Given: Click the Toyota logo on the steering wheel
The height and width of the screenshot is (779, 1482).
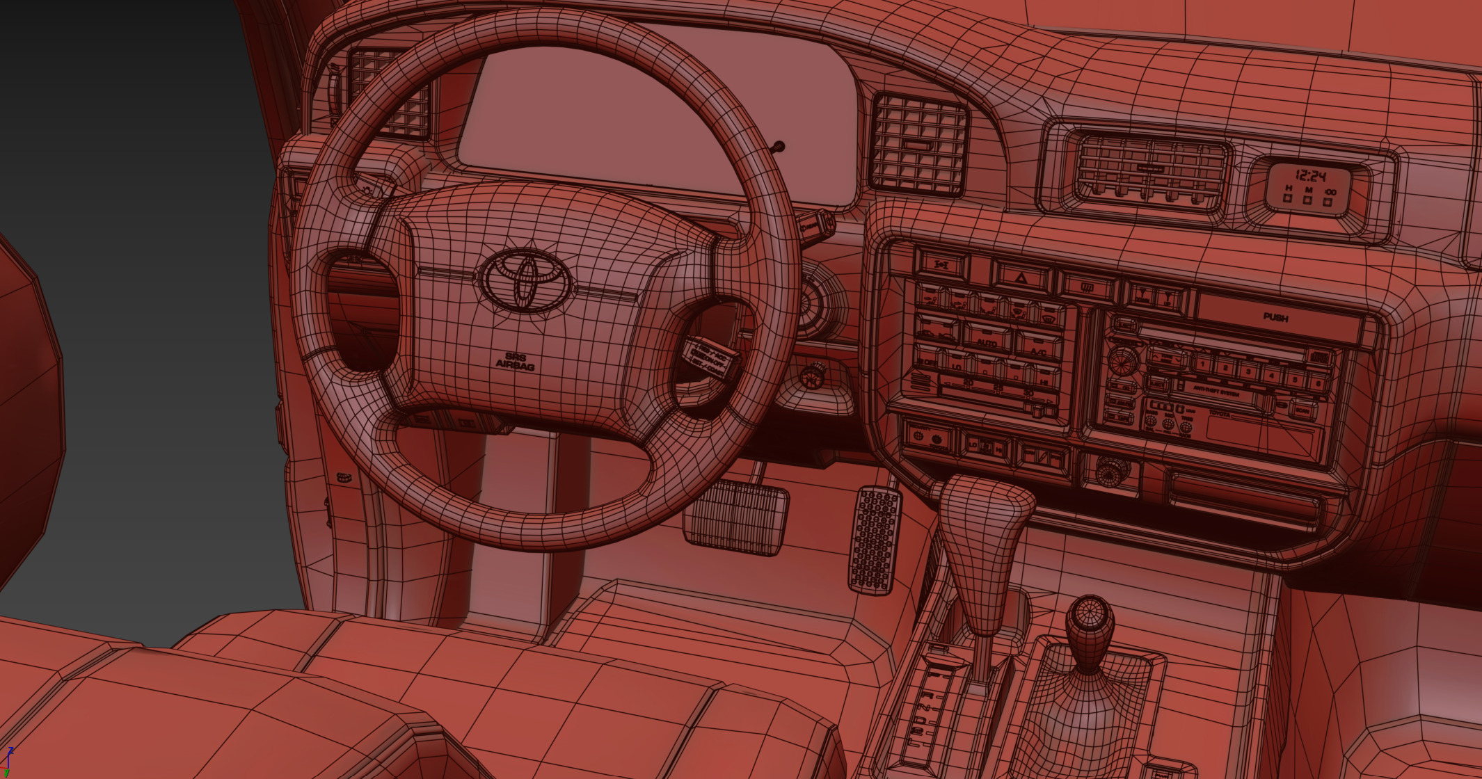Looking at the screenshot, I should pyautogui.click(x=526, y=280).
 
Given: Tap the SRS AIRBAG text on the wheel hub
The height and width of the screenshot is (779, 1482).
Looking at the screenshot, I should pyautogui.click(x=515, y=360).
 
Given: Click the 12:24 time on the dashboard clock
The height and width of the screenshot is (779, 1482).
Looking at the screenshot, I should pyautogui.click(x=1310, y=175).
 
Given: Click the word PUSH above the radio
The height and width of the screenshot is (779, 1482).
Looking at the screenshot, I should pyautogui.click(x=1275, y=317).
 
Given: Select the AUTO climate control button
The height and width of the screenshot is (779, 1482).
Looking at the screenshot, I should pyautogui.click(x=987, y=342).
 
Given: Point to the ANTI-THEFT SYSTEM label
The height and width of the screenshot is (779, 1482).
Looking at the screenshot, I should pyautogui.click(x=1216, y=390).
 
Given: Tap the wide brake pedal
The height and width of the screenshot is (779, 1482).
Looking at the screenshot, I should pyautogui.click(x=736, y=517).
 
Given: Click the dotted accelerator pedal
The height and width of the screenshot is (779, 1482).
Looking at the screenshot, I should pyautogui.click(x=875, y=540).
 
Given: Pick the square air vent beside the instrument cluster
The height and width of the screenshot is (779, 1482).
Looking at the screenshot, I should pyautogui.click(x=919, y=143).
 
